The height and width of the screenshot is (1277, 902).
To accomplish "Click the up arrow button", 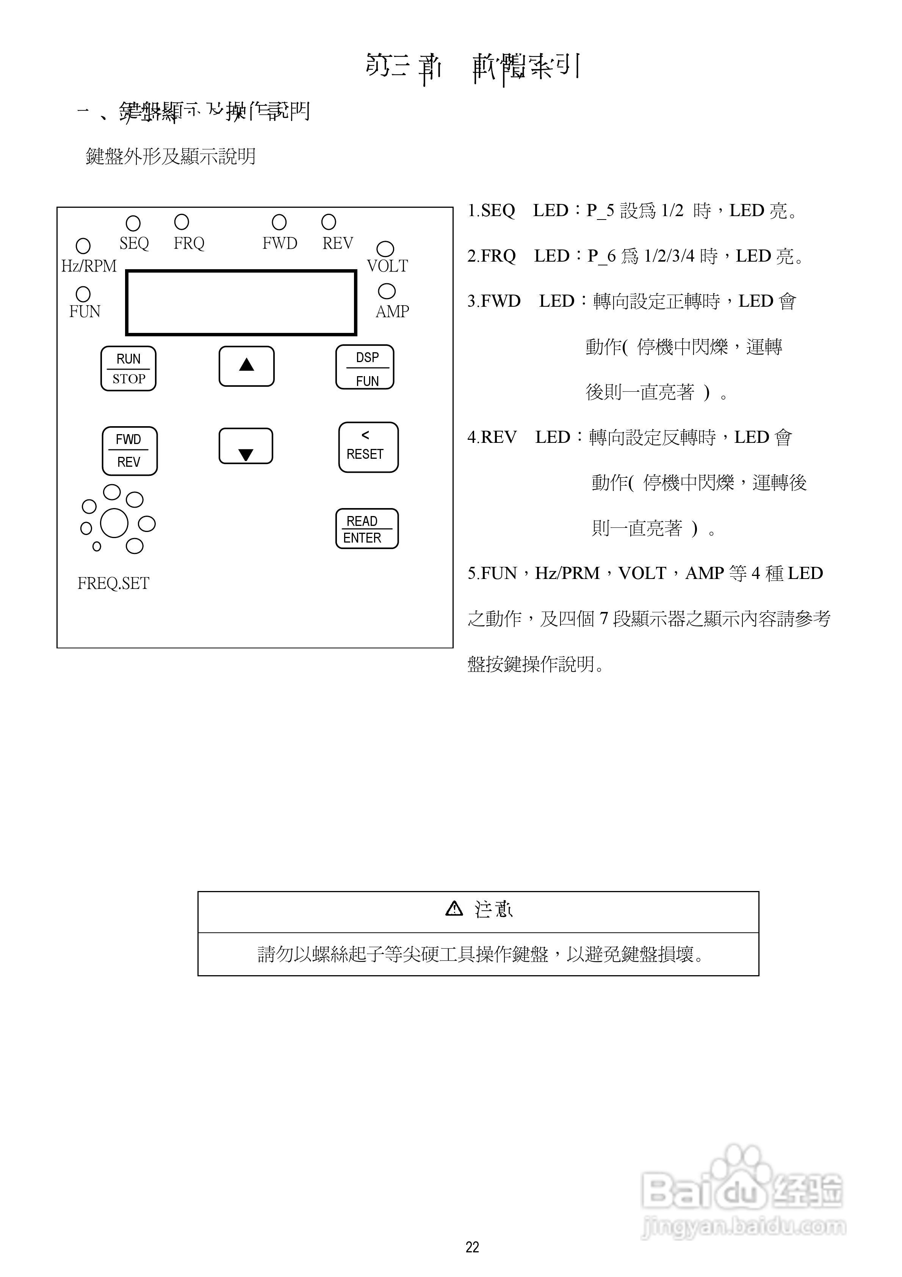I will click(x=246, y=366).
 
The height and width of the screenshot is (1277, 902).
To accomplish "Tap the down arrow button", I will click(x=246, y=446).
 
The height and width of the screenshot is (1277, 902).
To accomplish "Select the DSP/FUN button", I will click(x=365, y=367).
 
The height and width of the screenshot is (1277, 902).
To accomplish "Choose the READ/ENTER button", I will click(x=366, y=529).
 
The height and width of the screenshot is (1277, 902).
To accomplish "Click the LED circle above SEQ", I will click(x=133, y=223).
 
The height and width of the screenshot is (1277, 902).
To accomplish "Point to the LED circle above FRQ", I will click(x=181, y=222).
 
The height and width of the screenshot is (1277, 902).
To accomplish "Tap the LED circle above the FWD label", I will click(x=279, y=223).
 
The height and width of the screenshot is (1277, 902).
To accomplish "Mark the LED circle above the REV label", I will click(x=329, y=222).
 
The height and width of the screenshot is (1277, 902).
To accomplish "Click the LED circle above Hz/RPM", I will click(x=83, y=245).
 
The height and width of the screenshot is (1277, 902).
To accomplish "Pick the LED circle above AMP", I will click(x=387, y=291).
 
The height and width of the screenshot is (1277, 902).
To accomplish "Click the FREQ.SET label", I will click(x=113, y=584).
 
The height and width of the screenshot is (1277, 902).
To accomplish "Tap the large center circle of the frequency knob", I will click(x=114, y=523).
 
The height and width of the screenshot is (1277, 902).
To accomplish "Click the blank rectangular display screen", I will click(x=241, y=303).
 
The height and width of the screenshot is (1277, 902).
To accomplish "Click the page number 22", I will click(x=472, y=1247).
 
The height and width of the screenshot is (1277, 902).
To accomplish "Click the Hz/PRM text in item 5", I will click(x=567, y=573).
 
